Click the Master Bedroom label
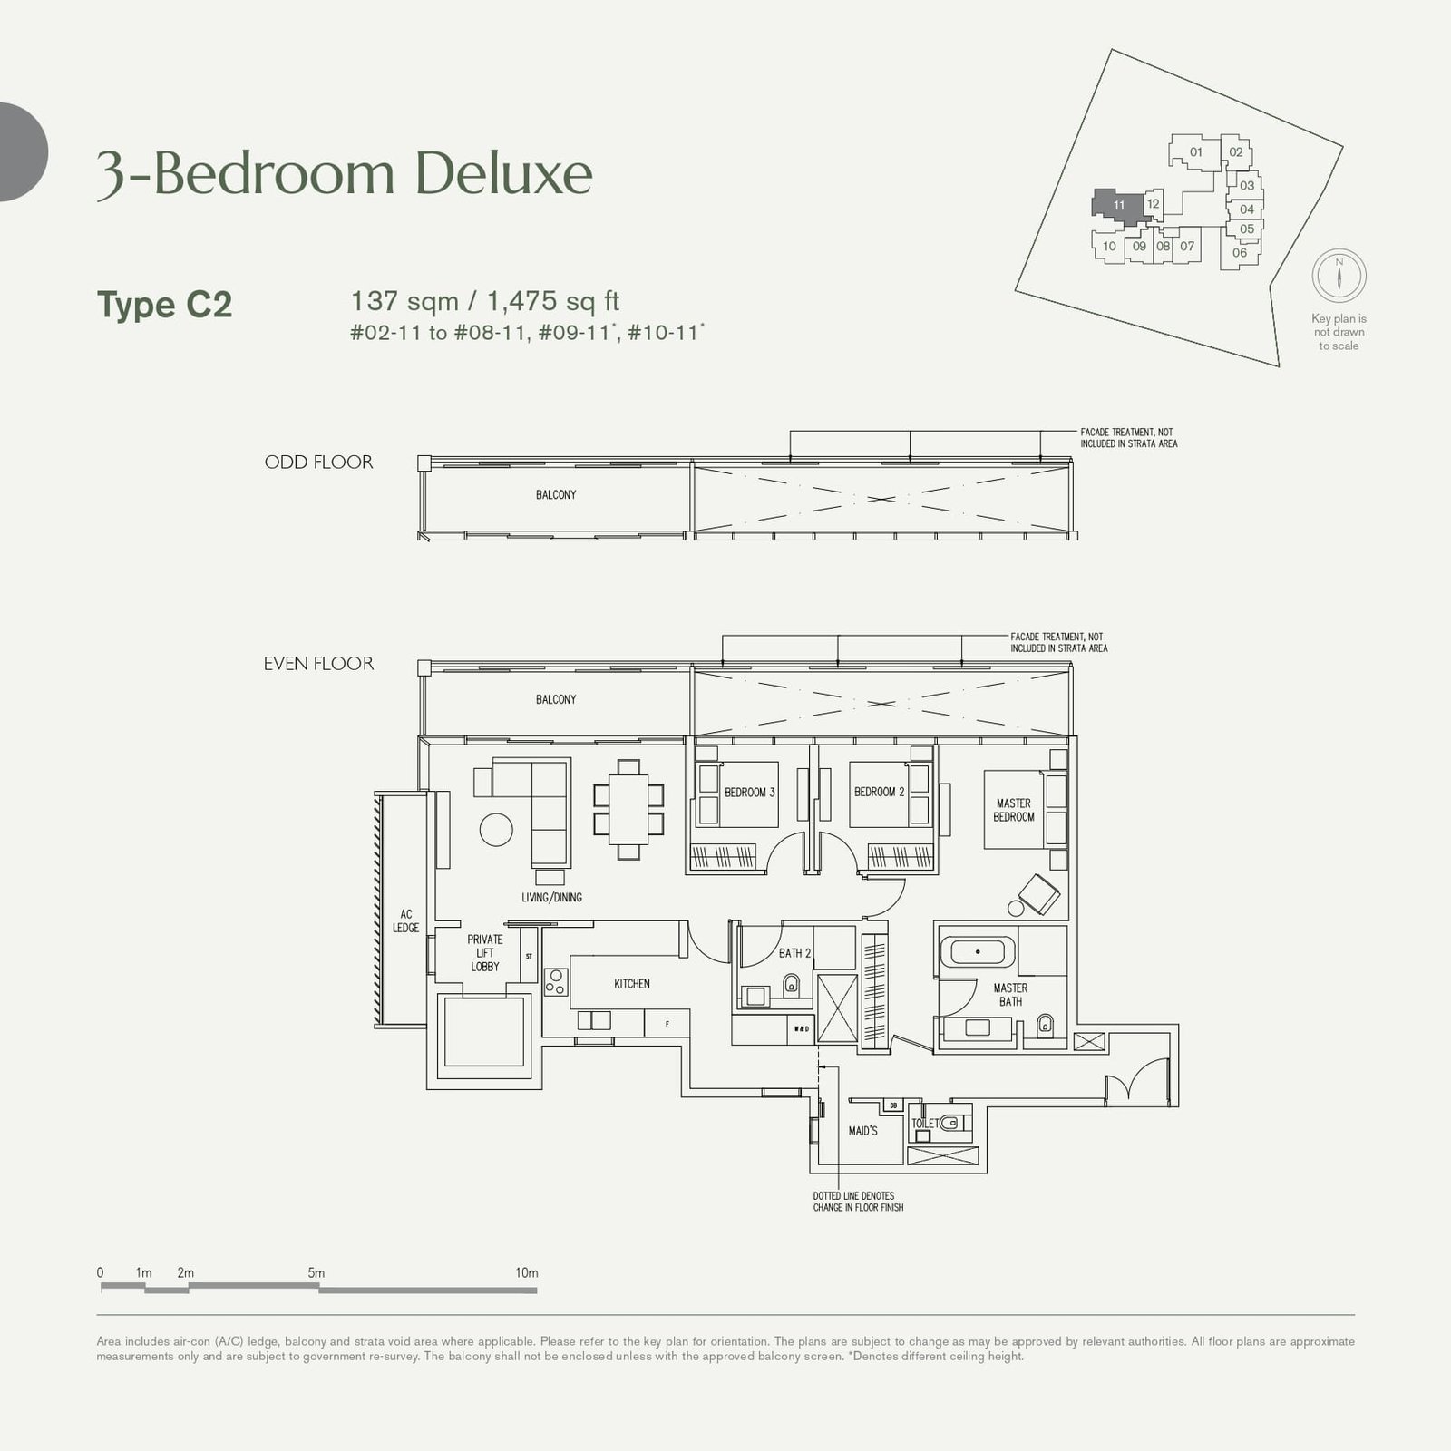click(x=1013, y=810)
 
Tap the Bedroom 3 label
click(x=749, y=793)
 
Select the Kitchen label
click(x=631, y=984)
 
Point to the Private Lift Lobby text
click(x=484, y=953)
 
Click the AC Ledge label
click(x=405, y=921)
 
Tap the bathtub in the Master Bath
click(x=978, y=952)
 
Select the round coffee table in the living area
click(x=495, y=828)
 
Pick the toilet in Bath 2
click(x=791, y=985)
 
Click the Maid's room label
click(x=862, y=1131)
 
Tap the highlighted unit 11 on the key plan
click(x=1118, y=205)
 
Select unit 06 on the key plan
click(x=1239, y=253)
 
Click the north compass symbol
click(x=1339, y=275)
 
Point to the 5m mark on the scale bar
click(x=316, y=1273)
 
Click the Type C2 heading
click(x=164, y=305)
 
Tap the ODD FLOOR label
click(x=318, y=463)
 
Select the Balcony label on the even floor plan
click(x=555, y=700)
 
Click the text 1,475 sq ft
click(x=553, y=301)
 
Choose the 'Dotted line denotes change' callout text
click(x=857, y=1202)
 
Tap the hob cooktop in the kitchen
click(x=555, y=983)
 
